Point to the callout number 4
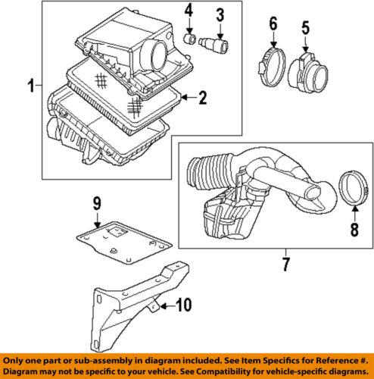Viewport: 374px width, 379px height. click(190, 12)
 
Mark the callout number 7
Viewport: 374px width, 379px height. click(287, 265)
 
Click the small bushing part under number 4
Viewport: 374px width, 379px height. click(192, 39)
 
